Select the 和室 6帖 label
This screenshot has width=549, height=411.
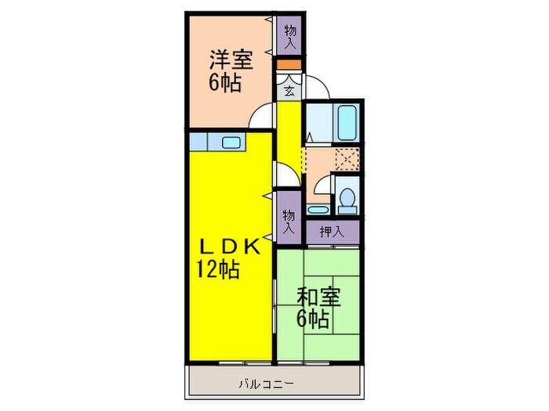(x=318, y=308)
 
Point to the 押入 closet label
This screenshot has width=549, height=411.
(x=331, y=231)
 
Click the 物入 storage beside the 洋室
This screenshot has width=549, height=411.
(x=290, y=34)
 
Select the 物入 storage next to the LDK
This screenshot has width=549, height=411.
(x=288, y=221)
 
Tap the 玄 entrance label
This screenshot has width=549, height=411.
(x=289, y=90)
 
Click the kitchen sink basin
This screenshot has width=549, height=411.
(x=231, y=142)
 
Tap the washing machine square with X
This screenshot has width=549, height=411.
(x=345, y=160)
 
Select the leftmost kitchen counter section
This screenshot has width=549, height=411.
(x=198, y=142)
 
